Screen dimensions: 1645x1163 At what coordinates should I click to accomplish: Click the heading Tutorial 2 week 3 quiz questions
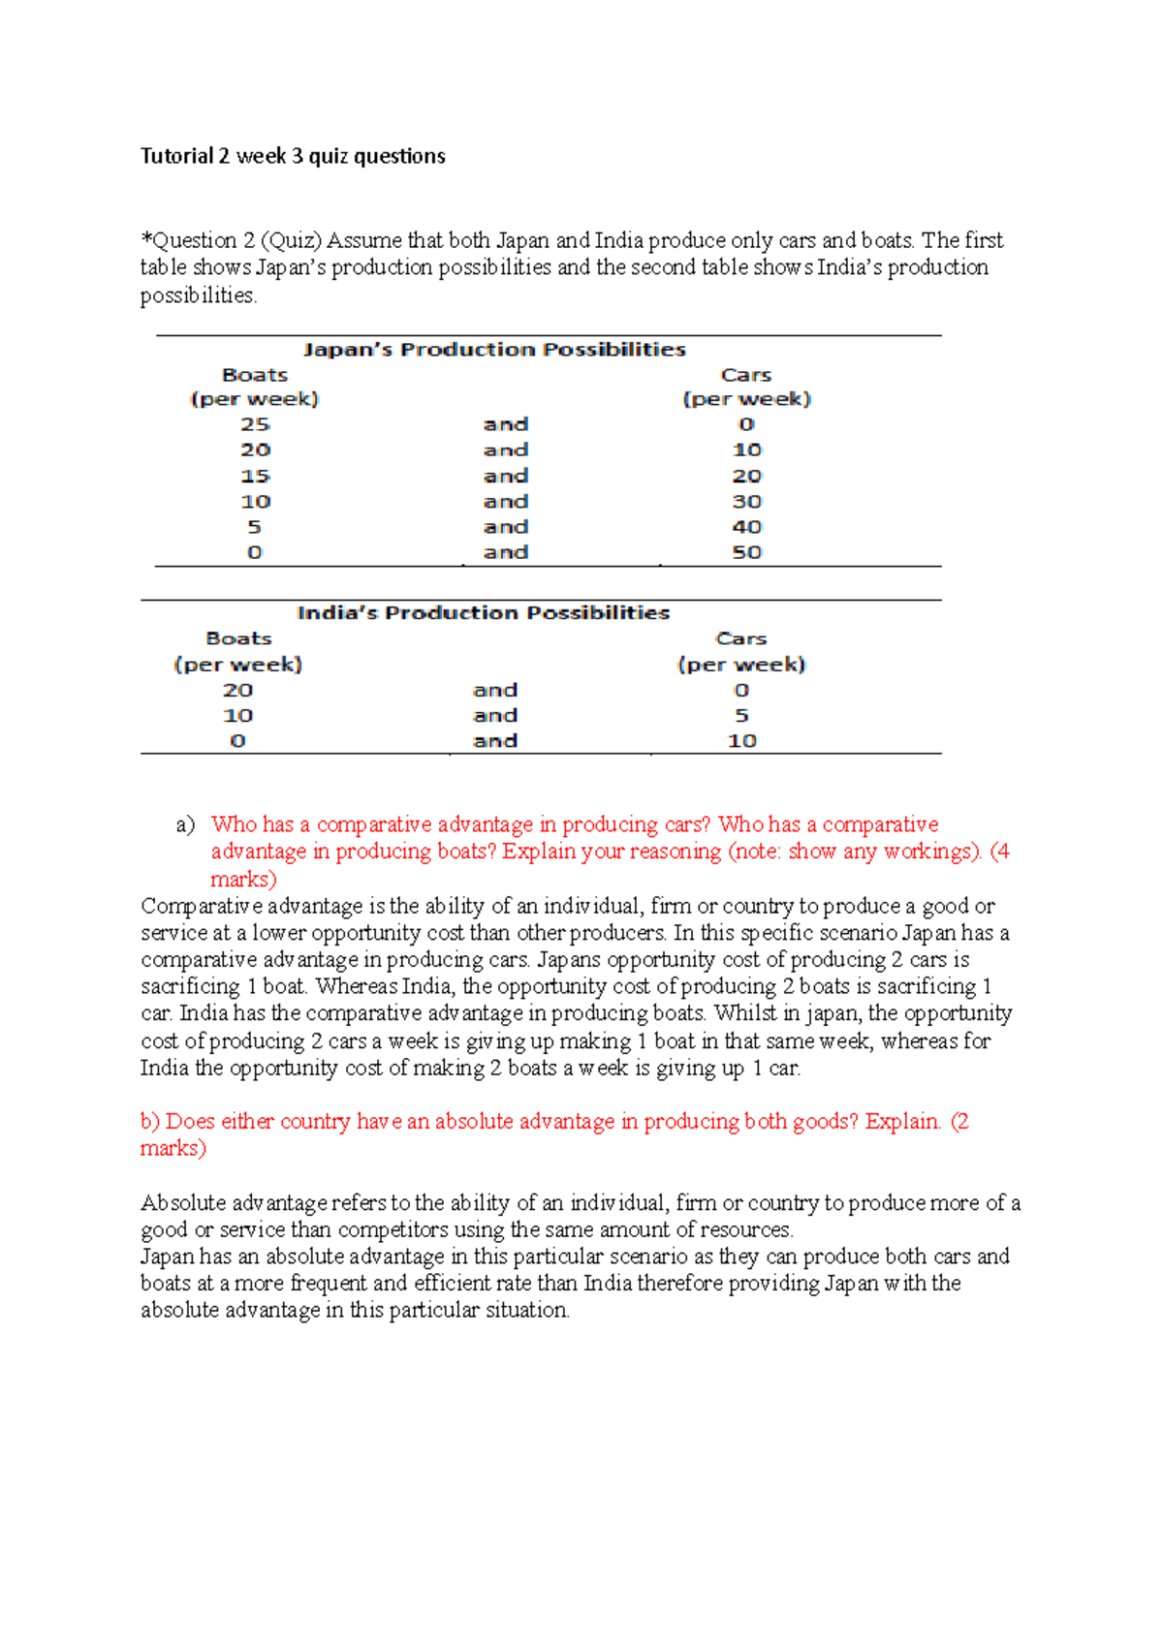coord(293,156)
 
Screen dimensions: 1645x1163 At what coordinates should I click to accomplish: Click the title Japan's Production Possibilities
coord(494,350)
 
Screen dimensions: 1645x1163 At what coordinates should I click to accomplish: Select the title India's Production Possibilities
coord(483,613)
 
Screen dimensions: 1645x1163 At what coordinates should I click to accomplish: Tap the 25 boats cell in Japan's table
coord(255,424)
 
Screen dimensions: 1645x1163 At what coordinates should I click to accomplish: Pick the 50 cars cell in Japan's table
coord(746,552)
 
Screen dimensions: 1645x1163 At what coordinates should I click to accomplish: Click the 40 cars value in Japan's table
coord(746,527)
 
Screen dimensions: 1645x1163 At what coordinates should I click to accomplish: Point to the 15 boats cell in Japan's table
coord(255,476)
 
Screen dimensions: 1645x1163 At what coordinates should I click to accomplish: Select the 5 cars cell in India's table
coord(741,715)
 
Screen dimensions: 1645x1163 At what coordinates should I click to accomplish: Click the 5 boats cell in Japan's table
coord(254,527)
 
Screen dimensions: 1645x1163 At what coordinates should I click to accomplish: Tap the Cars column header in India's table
coord(741,638)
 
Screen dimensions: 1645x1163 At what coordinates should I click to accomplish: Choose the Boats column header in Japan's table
coord(255,375)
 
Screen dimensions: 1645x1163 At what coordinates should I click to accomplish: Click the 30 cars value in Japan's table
coord(746,502)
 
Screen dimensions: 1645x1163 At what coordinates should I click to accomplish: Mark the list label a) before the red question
coord(185,824)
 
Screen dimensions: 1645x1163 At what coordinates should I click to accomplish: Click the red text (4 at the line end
coord(999,852)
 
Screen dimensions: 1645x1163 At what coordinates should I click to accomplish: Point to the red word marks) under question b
coord(173,1148)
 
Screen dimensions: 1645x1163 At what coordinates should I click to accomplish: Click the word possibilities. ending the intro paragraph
coord(199,295)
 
